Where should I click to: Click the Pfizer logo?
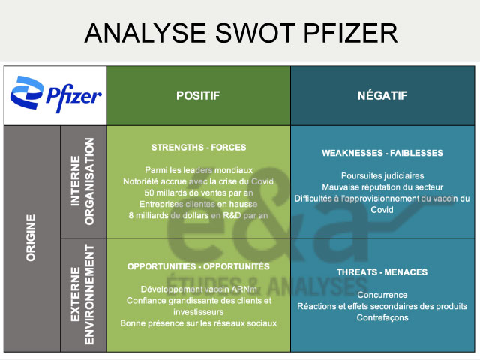point(55,95)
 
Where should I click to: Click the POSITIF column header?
point(198,95)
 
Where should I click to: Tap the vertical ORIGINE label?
point(31,238)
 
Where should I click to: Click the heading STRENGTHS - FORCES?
point(198,148)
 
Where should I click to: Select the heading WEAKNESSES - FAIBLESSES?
point(382,153)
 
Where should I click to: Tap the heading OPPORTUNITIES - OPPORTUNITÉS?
point(198,266)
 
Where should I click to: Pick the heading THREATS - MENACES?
point(382,271)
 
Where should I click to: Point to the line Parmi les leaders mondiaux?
point(198,170)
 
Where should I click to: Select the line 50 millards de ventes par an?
point(198,193)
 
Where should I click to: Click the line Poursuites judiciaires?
point(382,175)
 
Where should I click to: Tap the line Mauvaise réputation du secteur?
point(382,187)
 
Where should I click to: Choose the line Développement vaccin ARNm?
point(198,289)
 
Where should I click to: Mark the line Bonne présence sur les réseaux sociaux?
point(198,323)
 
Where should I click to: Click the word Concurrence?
point(382,295)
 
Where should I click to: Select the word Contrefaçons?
point(382,317)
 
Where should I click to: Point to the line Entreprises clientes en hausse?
point(198,205)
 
